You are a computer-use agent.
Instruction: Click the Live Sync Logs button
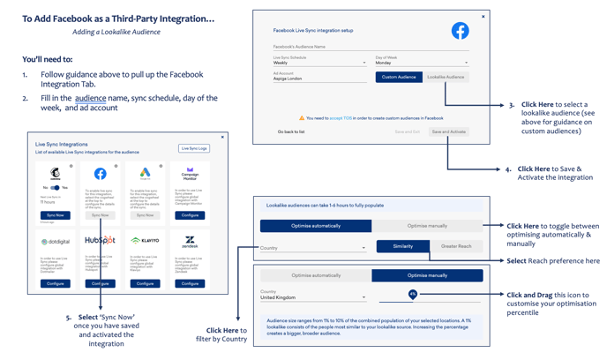pyautogui.click(x=193, y=148)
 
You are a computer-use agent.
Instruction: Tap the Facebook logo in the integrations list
pyautogui.click(x=101, y=174)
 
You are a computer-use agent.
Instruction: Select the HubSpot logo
pyautogui.click(x=100, y=240)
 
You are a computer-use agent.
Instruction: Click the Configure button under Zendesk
pyautogui.click(x=190, y=283)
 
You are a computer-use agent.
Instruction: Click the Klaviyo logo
pyautogui.click(x=145, y=240)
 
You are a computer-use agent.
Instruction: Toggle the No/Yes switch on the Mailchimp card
pyautogui.click(x=55, y=188)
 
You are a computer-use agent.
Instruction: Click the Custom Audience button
pyautogui.click(x=399, y=77)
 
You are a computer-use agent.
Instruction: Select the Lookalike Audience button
pyautogui.click(x=446, y=77)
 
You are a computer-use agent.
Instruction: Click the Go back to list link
pyautogui.click(x=291, y=131)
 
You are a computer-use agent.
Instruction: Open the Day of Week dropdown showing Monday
pyautogui.click(x=421, y=63)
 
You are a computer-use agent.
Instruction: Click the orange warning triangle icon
pyautogui.click(x=302, y=117)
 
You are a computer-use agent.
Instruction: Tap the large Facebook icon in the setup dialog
pyautogui.click(x=460, y=31)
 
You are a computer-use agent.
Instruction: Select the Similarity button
pyautogui.click(x=402, y=246)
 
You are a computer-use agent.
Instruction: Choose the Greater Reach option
pyautogui.click(x=456, y=246)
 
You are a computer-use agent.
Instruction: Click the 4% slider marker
pyautogui.click(x=412, y=294)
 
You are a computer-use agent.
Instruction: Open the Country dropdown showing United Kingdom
pyautogui.click(x=313, y=297)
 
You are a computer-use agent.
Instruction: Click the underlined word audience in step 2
pyautogui.click(x=90, y=98)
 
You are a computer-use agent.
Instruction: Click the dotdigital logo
pyautogui.click(x=55, y=241)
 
